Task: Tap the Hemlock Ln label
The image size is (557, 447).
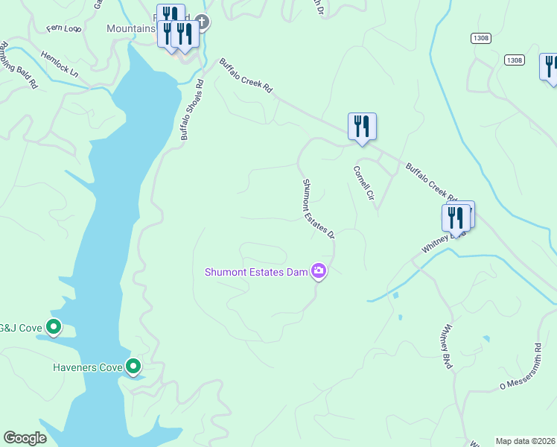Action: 60,64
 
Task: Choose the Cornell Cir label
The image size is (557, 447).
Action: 363,183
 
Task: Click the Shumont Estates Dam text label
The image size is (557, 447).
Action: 257,272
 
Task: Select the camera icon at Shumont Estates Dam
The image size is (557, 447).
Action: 319,271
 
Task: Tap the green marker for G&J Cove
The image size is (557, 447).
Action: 54,326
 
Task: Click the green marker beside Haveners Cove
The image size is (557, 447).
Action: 133,366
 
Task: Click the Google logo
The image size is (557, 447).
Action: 25,438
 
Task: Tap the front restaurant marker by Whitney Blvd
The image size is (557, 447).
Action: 456,218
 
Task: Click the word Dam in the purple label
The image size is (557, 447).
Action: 298,272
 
